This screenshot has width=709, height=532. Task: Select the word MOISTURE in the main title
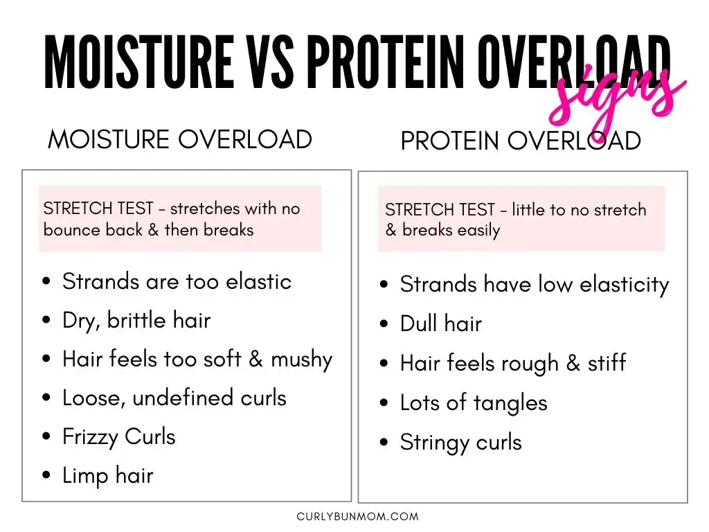click(139, 61)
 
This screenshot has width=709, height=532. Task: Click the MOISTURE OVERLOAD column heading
click(180, 139)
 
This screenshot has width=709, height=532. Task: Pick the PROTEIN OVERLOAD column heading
click(521, 141)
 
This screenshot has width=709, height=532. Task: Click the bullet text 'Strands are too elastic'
click(177, 281)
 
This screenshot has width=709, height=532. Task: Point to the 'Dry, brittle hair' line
click(136, 321)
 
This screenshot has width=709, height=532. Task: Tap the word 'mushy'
click(302, 360)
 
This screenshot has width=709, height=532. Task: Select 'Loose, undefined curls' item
click(174, 398)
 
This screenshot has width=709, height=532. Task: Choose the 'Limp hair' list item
click(108, 476)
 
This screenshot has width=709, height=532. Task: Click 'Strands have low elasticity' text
click(535, 285)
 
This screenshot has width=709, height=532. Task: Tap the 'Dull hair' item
click(441, 323)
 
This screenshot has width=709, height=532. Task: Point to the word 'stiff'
click(607, 363)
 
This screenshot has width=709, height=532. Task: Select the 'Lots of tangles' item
click(474, 403)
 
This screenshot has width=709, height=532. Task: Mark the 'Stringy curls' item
click(460, 443)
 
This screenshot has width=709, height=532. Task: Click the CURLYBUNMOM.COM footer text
click(358, 516)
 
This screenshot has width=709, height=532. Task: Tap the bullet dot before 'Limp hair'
click(46, 475)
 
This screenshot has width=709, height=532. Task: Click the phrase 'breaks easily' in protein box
click(451, 230)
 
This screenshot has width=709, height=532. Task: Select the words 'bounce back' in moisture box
click(93, 230)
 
